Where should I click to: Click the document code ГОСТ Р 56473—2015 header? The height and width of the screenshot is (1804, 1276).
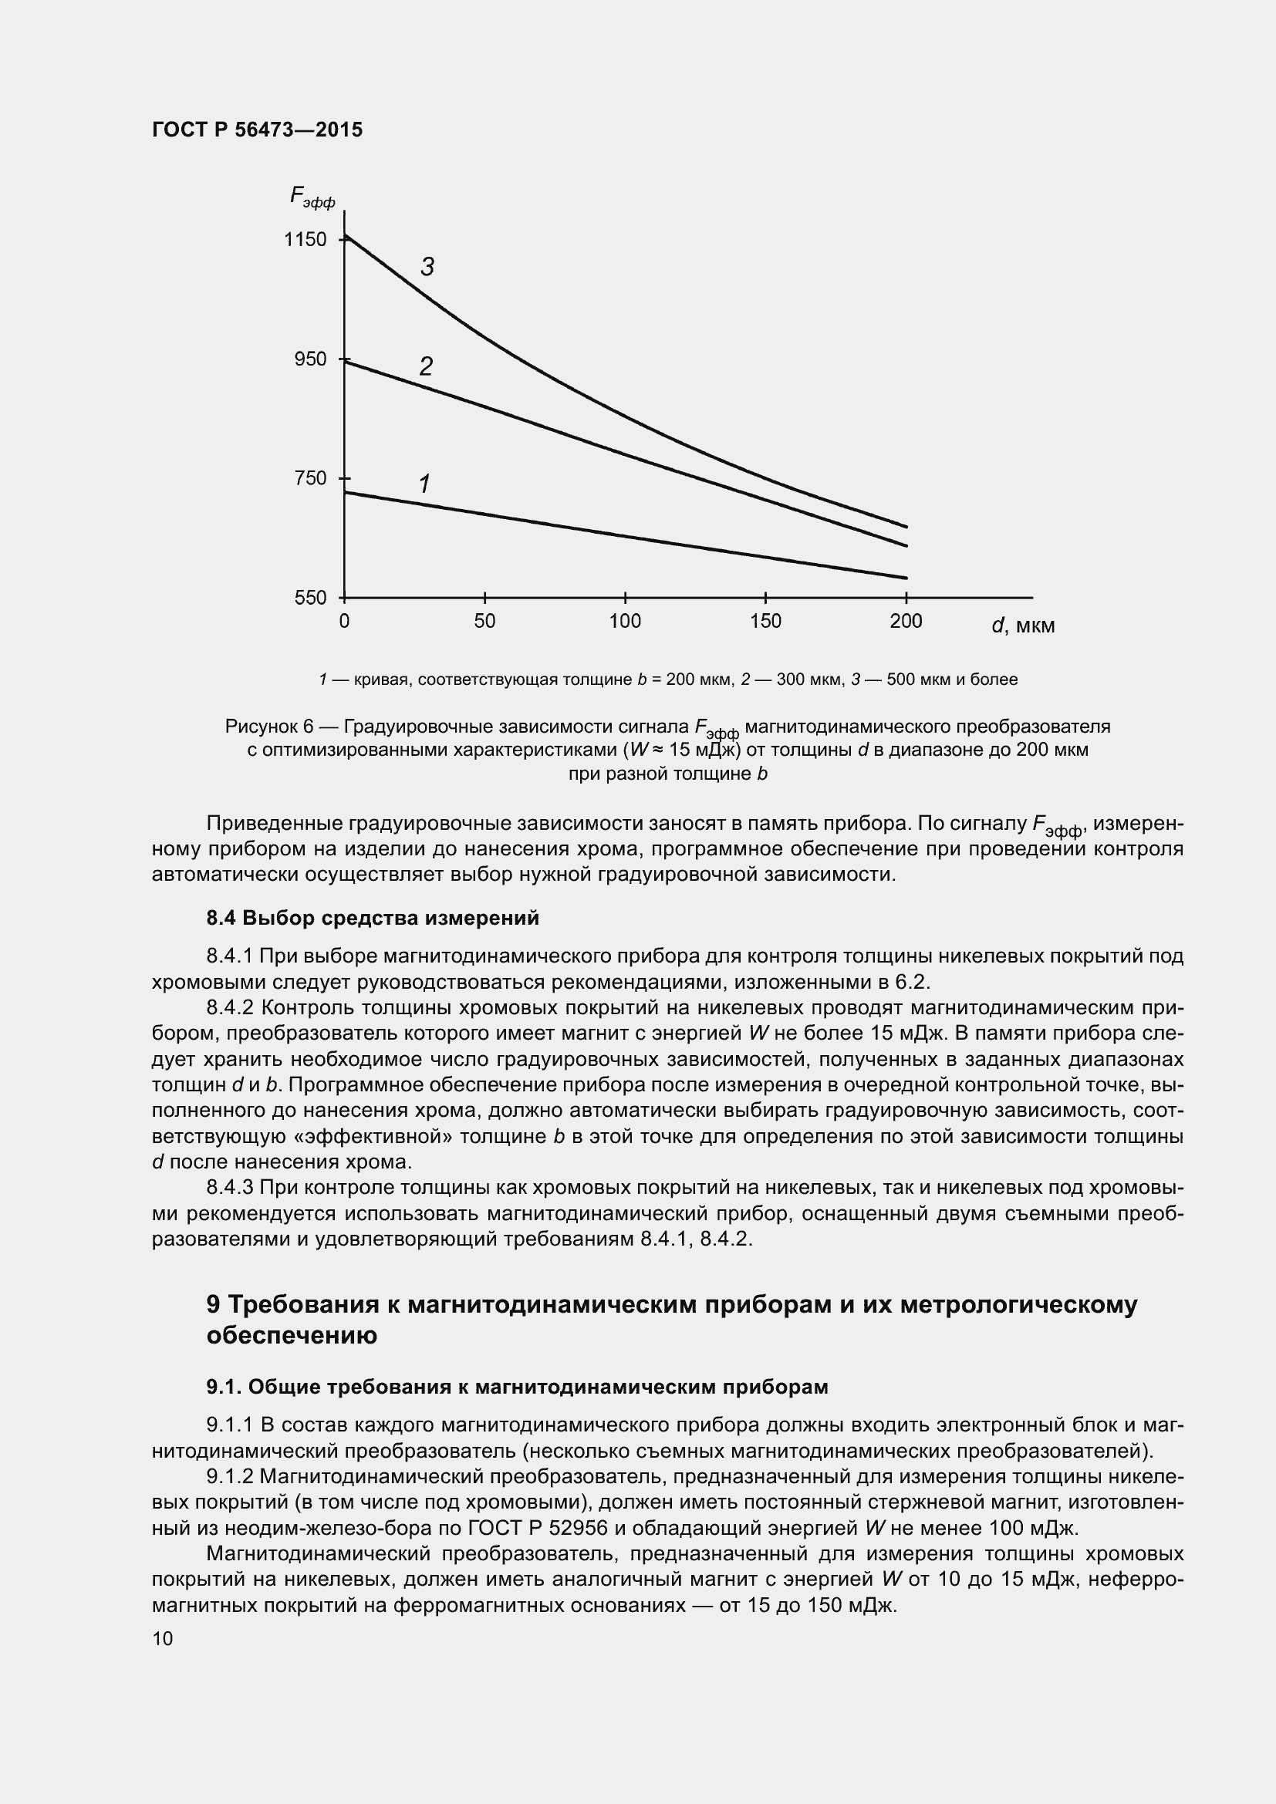click(x=257, y=130)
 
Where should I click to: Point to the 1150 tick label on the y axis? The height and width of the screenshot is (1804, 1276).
click(x=305, y=240)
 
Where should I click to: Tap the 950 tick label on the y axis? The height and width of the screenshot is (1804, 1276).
click(x=310, y=360)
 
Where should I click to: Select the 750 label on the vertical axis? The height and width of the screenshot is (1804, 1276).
click(x=310, y=478)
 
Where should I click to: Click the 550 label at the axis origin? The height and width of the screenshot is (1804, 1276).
click(x=310, y=599)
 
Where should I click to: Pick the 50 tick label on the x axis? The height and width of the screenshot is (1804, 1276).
click(x=484, y=622)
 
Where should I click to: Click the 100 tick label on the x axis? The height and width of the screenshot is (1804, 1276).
click(x=625, y=622)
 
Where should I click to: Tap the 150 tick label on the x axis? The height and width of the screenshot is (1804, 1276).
click(x=765, y=622)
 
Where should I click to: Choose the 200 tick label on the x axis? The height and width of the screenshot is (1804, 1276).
click(x=906, y=622)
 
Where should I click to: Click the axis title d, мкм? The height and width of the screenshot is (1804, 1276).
click(x=1023, y=626)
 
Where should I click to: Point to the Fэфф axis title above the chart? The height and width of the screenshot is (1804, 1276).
click(x=312, y=197)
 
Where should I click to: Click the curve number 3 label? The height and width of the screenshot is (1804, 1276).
click(x=427, y=268)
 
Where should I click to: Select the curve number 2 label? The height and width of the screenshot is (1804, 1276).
click(x=426, y=367)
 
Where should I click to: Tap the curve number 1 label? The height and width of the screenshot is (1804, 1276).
click(x=425, y=484)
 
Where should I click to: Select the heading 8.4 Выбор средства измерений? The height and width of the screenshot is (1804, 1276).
click(x=373, y=918)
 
